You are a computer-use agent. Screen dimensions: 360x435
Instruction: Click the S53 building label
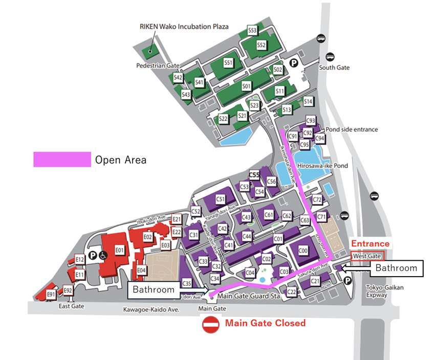point(252,31)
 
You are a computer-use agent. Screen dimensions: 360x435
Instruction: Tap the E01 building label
point(119,250)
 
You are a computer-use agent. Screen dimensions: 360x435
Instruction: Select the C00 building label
point(303,251)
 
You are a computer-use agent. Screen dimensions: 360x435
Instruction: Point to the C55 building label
point(254,175)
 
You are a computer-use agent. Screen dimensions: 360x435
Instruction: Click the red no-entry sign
point(211,324)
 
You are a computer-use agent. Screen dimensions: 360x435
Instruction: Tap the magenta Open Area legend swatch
point(62,160)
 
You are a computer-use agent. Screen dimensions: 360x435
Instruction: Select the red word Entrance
point(370,244)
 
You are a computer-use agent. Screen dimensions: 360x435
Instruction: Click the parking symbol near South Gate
point(294,63)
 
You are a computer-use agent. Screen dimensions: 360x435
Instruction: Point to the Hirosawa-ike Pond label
point(322,166)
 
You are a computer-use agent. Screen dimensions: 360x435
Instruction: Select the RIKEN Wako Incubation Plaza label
point(185,27)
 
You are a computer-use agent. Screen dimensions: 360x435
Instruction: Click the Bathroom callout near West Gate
point(396,268)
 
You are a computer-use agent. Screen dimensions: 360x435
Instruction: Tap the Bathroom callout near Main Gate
point(154,289)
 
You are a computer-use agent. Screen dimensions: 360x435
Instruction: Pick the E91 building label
point(51,295)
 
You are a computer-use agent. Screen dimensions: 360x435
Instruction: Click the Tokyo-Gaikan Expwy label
point(385,291)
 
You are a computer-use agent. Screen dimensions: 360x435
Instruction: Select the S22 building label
point(223,119)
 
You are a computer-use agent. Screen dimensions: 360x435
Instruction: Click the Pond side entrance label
point(352,129)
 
